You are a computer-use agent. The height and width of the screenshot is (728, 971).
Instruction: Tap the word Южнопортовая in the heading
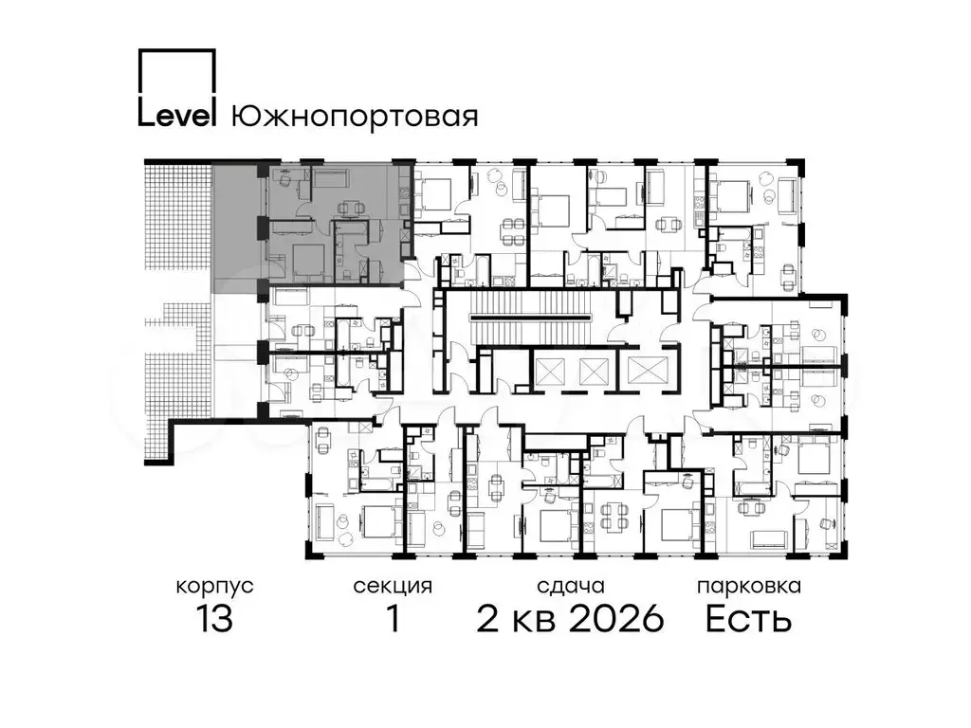click(355, 116)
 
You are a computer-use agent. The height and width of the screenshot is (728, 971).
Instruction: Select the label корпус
click(215, 586)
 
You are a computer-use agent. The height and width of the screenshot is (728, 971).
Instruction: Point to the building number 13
click(215, 618)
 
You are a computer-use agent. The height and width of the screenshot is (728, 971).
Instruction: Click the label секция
click(393, 586)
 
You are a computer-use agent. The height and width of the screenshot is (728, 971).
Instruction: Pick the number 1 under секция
click(394, 618)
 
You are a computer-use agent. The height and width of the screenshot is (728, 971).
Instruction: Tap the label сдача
click(570, 586)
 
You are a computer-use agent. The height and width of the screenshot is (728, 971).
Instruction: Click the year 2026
click(616, 618)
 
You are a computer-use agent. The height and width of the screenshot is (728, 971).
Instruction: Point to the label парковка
click(749, 586)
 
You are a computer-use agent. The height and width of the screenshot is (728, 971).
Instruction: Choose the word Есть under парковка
click(749, 618)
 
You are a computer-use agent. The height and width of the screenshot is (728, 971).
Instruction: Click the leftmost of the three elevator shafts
click(549, 372)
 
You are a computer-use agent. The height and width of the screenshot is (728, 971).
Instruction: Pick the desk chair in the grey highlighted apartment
click(283, 178)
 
